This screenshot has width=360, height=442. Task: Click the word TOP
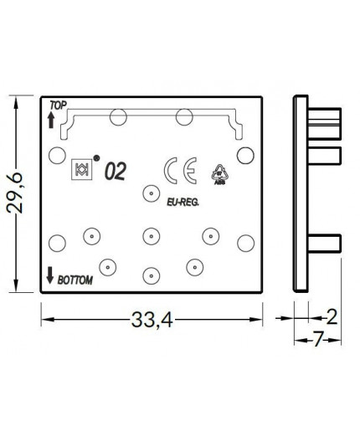[57, 105]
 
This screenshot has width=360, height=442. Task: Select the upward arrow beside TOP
[50, 121]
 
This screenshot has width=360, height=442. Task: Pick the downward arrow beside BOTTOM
[50, 274]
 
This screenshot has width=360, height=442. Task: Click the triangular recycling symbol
[220, 172]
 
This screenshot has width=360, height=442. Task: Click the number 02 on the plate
[115, 173]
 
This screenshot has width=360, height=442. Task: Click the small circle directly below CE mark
[151, 190]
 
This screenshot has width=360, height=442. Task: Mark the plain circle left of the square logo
[57, 154]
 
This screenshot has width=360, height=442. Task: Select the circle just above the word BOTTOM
[57, 242]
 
